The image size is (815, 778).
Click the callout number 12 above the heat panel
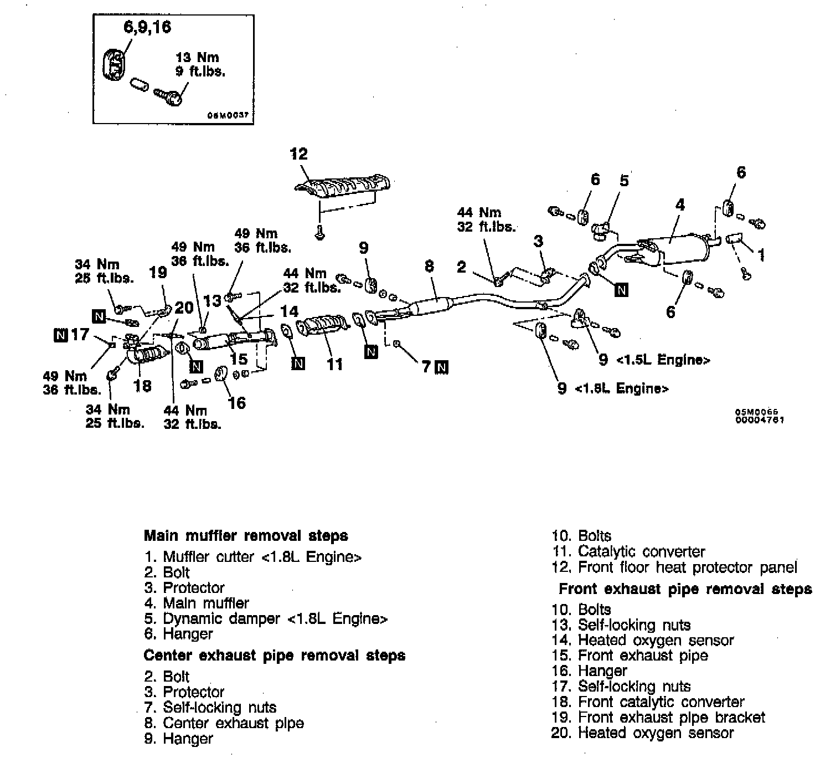299,154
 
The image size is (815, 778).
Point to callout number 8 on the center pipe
430,267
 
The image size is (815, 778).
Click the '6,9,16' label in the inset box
147,27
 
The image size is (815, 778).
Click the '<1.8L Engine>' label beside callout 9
622,388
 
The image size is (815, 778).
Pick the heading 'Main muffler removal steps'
246,536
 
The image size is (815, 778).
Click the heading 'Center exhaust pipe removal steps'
274,656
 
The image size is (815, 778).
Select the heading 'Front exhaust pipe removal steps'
685,588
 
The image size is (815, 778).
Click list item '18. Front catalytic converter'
648,702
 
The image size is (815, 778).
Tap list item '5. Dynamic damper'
266,618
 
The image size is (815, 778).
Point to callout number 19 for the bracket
158,273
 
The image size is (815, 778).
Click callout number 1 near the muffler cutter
761,255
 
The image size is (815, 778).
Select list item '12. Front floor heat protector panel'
675,567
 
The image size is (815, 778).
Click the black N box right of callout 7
442,367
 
